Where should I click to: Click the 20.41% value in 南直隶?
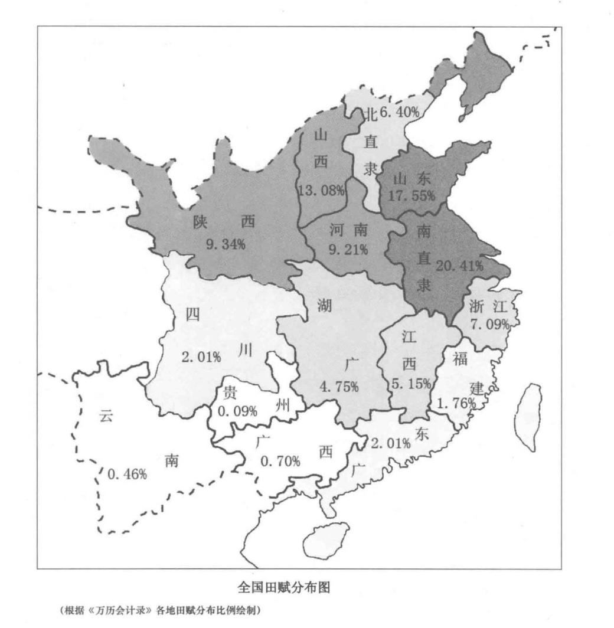459,266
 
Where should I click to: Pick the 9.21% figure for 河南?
348,249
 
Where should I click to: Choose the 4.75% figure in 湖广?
338,387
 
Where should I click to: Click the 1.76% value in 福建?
456,403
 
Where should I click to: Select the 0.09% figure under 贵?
237,411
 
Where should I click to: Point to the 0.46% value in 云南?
127,473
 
